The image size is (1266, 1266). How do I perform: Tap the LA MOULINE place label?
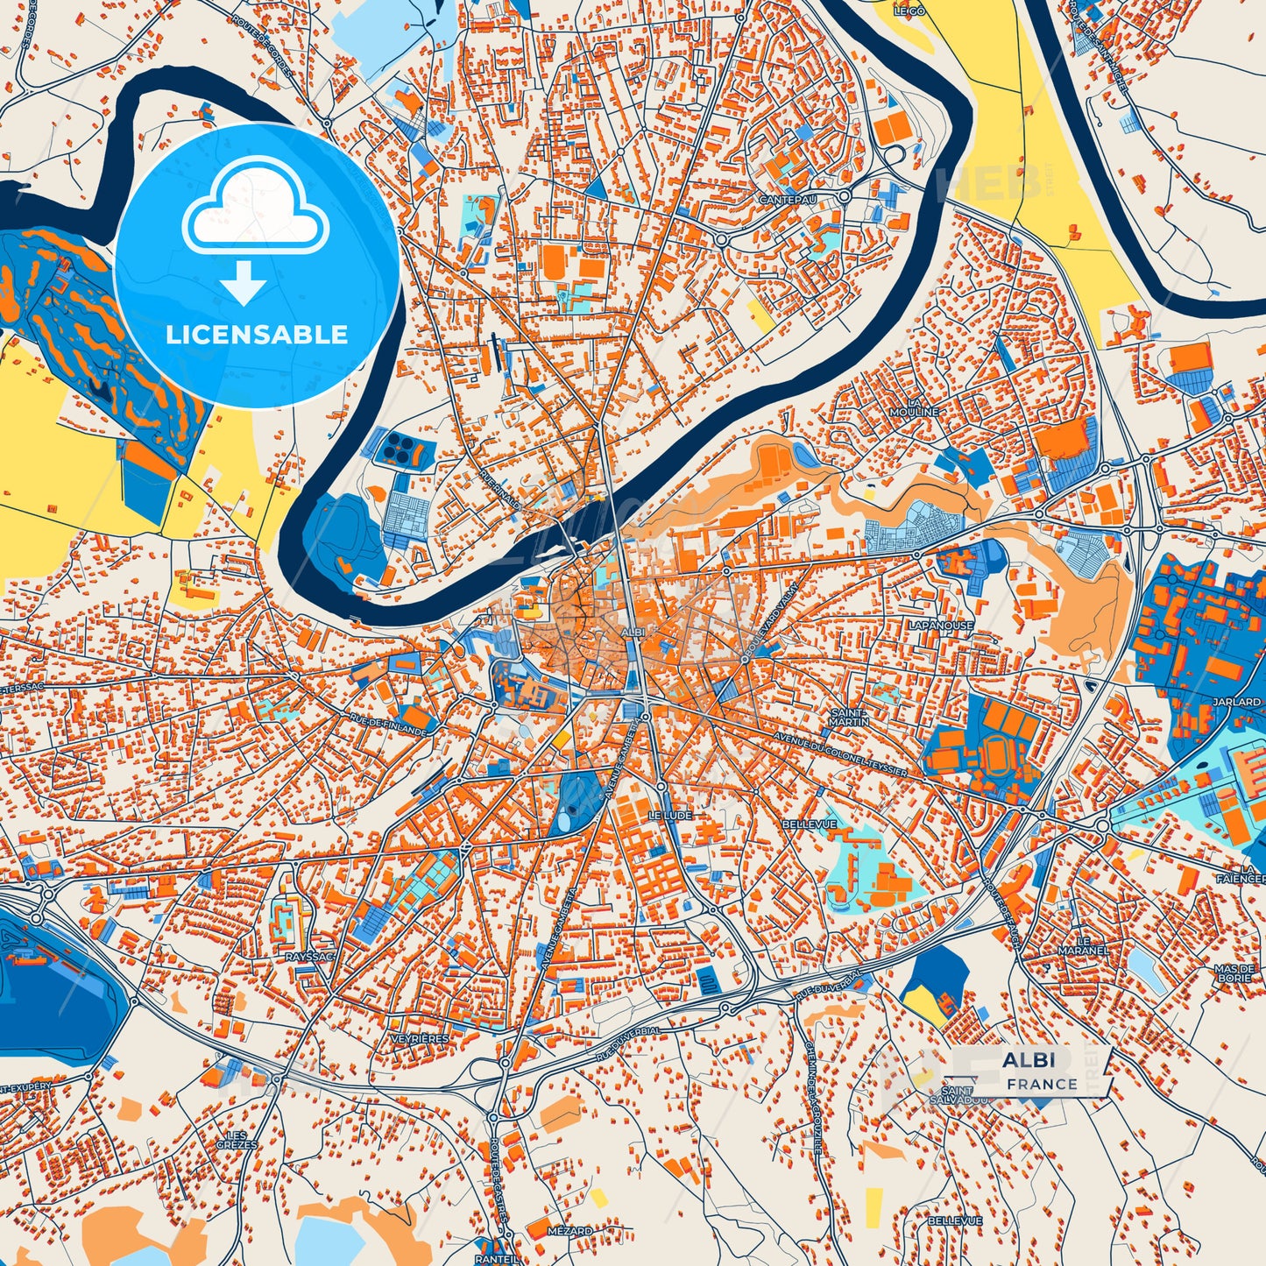914,407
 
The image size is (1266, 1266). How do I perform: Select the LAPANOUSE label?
940,626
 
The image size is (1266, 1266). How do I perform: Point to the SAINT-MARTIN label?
849,717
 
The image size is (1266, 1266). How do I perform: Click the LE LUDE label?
670,815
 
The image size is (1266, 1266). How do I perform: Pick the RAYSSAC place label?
309,957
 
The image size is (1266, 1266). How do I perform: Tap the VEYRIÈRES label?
420,1038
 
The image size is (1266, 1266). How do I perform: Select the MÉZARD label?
569,1230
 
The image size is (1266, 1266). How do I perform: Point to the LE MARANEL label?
1083,945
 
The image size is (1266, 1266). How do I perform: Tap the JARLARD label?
1236,703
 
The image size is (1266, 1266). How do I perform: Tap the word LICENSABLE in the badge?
257,334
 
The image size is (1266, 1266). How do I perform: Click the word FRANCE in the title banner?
1042,1084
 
